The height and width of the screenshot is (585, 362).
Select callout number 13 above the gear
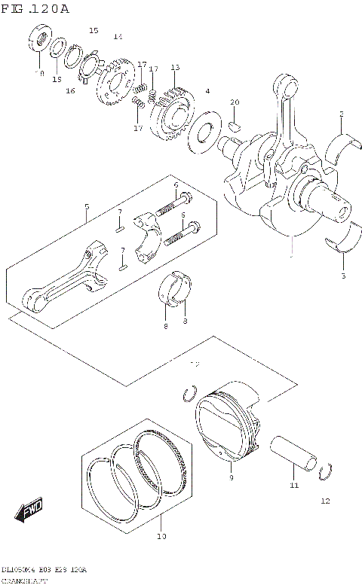point(175,68)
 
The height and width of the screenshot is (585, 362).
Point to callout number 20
point(235,102)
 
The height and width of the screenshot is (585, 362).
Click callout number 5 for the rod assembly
point(87,206)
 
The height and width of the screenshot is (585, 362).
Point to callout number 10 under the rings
point(160,536)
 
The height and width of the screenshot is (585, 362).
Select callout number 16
point(70,91)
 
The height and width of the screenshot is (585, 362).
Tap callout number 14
point(117,36)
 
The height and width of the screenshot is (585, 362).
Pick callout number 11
point(294,486)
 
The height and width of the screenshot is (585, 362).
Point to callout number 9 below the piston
point(232,477)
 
